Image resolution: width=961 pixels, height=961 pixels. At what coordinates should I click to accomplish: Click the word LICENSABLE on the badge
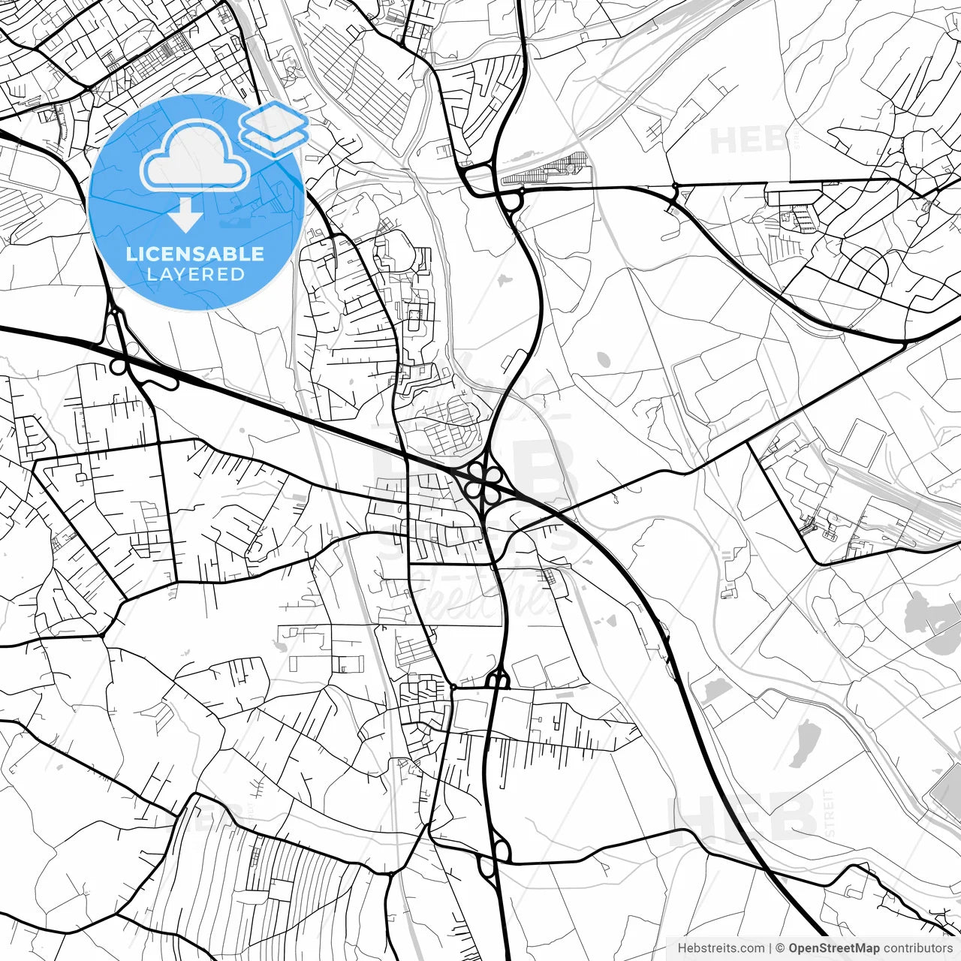point(195,254)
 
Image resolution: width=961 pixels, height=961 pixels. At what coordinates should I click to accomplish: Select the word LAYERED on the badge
point(195,274)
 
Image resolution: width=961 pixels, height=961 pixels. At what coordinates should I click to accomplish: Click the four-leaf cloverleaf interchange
point(483,481)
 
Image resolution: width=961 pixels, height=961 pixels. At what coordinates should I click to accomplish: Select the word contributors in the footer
point(917,948)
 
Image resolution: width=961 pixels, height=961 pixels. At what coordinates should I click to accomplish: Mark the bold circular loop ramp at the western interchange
point(119,366)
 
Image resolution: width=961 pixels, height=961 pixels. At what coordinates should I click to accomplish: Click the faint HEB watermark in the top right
point(748,140)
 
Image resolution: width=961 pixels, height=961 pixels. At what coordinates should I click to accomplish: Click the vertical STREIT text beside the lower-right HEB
point(829,813)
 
